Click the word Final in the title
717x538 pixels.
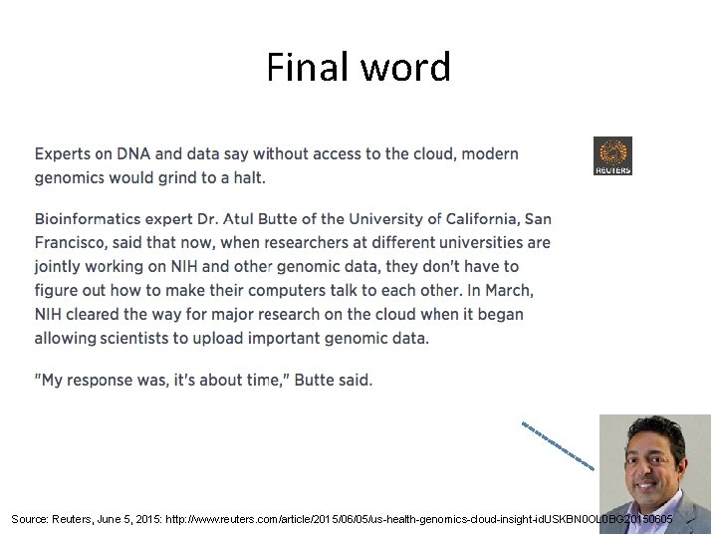pyautogui.click(x=301, y=68)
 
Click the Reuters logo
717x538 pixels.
pyautogui.click(x=612, y=156)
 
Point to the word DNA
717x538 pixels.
pyautogui.click(x=133, y=154)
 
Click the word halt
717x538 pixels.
pyautogui.click(x=248, y=178)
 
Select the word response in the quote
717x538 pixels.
pyautogui.click(x=111, y=381)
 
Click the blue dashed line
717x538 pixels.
pyautogui.click(x=558, y=445)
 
